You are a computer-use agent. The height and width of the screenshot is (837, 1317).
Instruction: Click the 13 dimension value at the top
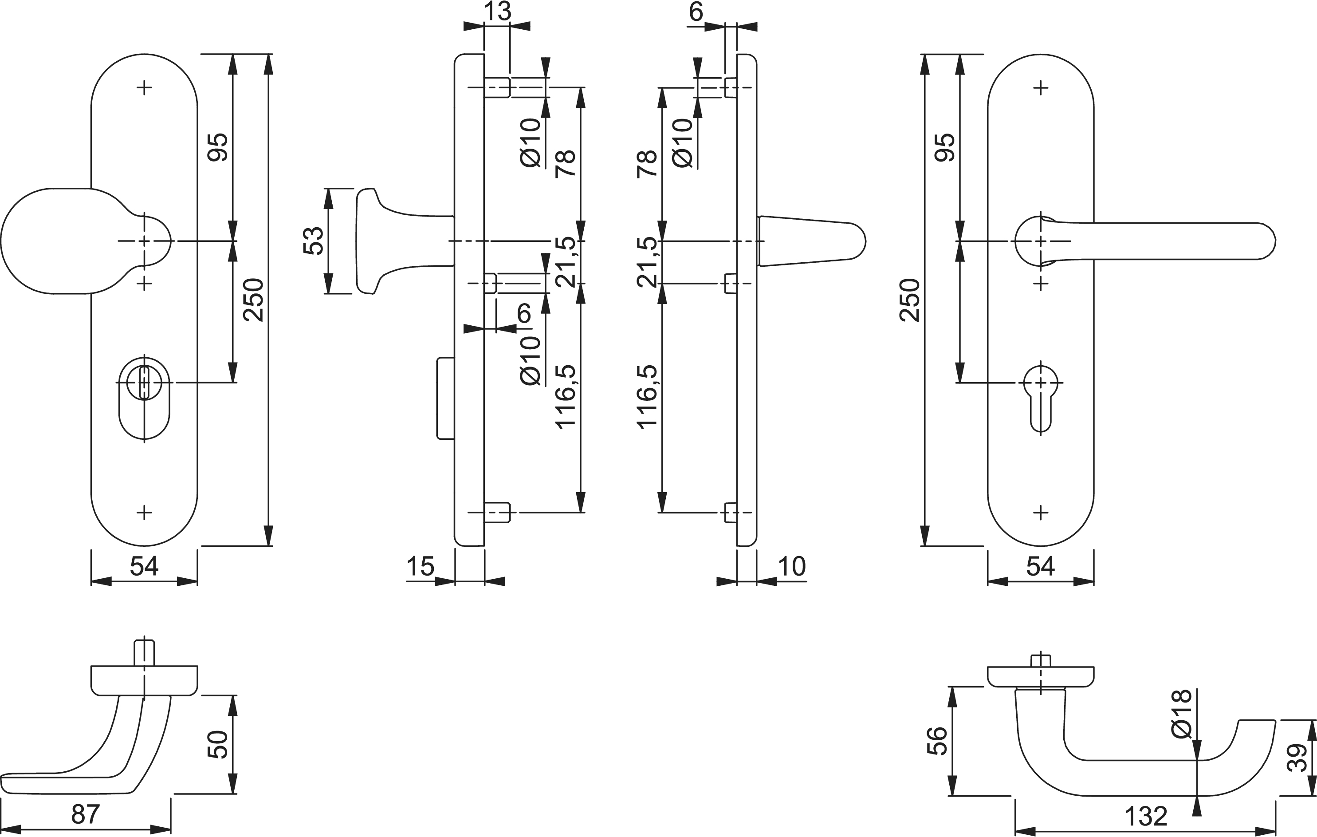click(497, 12)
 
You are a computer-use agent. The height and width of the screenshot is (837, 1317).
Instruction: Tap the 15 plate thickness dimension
click(420, 567)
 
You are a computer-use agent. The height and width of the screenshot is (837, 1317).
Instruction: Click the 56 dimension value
click(937, 741)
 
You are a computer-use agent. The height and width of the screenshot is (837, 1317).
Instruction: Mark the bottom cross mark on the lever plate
click(1040, 513)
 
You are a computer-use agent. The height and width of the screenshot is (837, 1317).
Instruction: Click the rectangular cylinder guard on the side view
click(446, 398)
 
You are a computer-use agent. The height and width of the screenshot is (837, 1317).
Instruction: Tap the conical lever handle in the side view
click(810, 241)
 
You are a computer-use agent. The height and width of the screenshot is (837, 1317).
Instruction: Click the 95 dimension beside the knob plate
click(218, 146)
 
